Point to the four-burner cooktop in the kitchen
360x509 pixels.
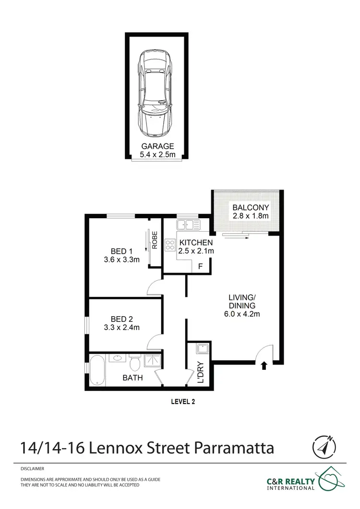[x=170, y=245]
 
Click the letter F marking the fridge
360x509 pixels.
[x=200, y=266]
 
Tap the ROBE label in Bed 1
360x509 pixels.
[x=155, y=239]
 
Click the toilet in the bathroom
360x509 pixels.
[x=135, y=359]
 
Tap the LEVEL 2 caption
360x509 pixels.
[x=184, y=401]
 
